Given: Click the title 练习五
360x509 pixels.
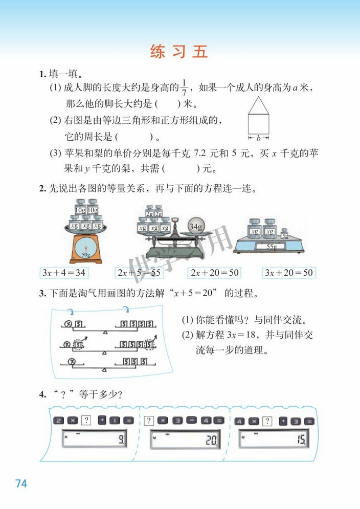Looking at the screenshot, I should point(179,52).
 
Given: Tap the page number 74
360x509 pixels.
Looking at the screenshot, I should point(21,483).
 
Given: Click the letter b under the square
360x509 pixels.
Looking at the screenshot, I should point(258,138).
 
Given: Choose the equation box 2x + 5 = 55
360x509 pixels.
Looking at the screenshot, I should point(139,273).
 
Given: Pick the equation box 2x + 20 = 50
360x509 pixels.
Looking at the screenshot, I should point(215,273).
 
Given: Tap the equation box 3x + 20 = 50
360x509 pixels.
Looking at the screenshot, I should point(288,273).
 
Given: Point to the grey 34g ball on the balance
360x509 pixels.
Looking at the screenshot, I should point(195,226).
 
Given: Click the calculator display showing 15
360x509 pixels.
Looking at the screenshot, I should point(274,439).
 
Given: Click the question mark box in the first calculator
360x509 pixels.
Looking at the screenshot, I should point(86,421).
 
